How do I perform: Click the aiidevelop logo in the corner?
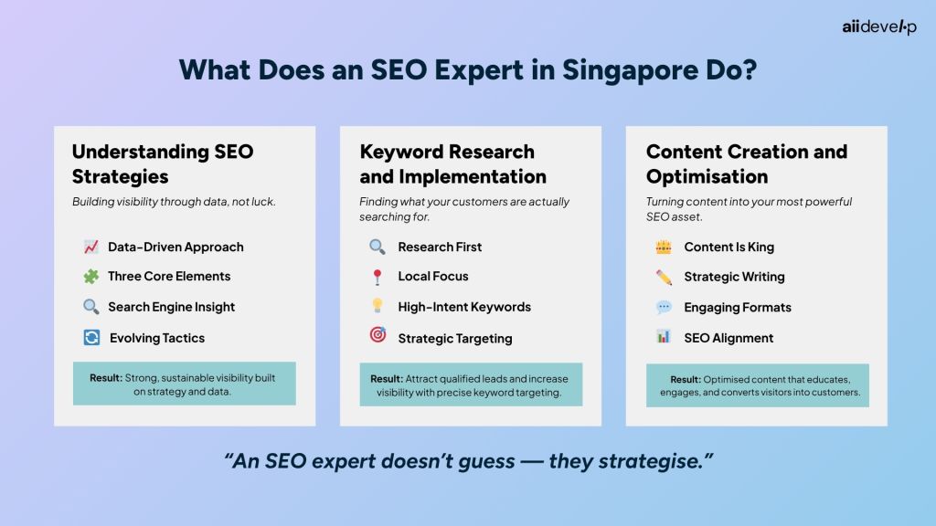click(x=878, y=26)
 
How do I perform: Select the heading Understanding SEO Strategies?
click(x=163, y=163)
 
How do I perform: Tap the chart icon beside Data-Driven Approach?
click(x=91, y=247)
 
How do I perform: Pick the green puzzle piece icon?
click(x=91, y=276)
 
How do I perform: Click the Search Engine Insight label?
click(x=171, y=307)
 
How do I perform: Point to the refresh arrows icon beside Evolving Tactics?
click(x=91, y=338)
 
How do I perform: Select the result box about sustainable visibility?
click(x=184, y=384)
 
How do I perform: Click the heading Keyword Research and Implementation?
click(x=452, y=163)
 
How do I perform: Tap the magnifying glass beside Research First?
click(x=378, y=247)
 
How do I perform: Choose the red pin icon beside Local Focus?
click(x=378, y=277)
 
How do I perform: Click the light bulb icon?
click(x=378, y=307)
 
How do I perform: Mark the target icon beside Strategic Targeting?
click(x=378, y=336)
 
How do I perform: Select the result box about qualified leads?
click(x=470, y=385)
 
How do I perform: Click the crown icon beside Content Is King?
click(x=664, y=247)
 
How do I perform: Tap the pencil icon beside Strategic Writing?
click(x=664, y=277)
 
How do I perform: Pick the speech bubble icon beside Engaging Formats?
click(x=664, y=307)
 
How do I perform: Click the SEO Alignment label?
click(x=729, y=338)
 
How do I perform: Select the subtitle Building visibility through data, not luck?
click(x=174, y=202)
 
